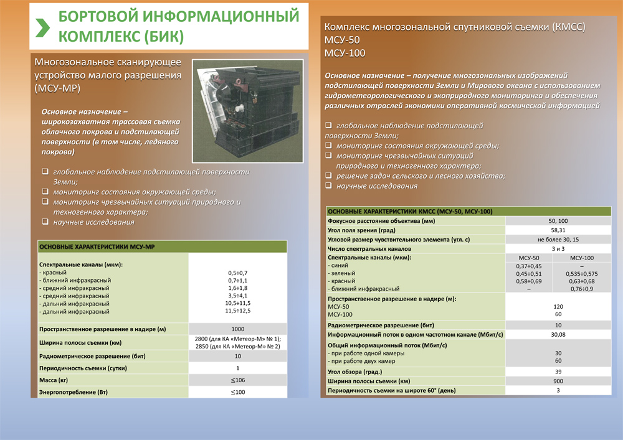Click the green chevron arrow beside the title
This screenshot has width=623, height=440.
pyautogui.click(x=42, y=27)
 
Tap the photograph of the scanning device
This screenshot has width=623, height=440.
pyautogui.click(x=246, y=110)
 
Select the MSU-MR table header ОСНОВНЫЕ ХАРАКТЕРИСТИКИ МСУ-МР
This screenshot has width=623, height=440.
pyautogui.click(x=97, y=247)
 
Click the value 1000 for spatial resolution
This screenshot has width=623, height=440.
pyautogui.click(x=237, y=329)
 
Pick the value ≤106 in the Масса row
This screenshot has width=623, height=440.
pyautogui.click(x=237, y=380)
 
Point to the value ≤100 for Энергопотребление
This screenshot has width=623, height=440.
pyautogui.click(x=237, y=392)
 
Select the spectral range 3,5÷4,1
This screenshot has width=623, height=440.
pyautogui.click(x=237, y=296)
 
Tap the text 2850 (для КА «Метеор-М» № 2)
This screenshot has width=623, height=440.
pyautogui.click(x=237, y=347)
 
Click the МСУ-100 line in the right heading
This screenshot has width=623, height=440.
pyautogui.click(x=345, y=53)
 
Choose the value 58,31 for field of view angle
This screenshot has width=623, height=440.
pyautogui.click(x=549, y=230)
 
